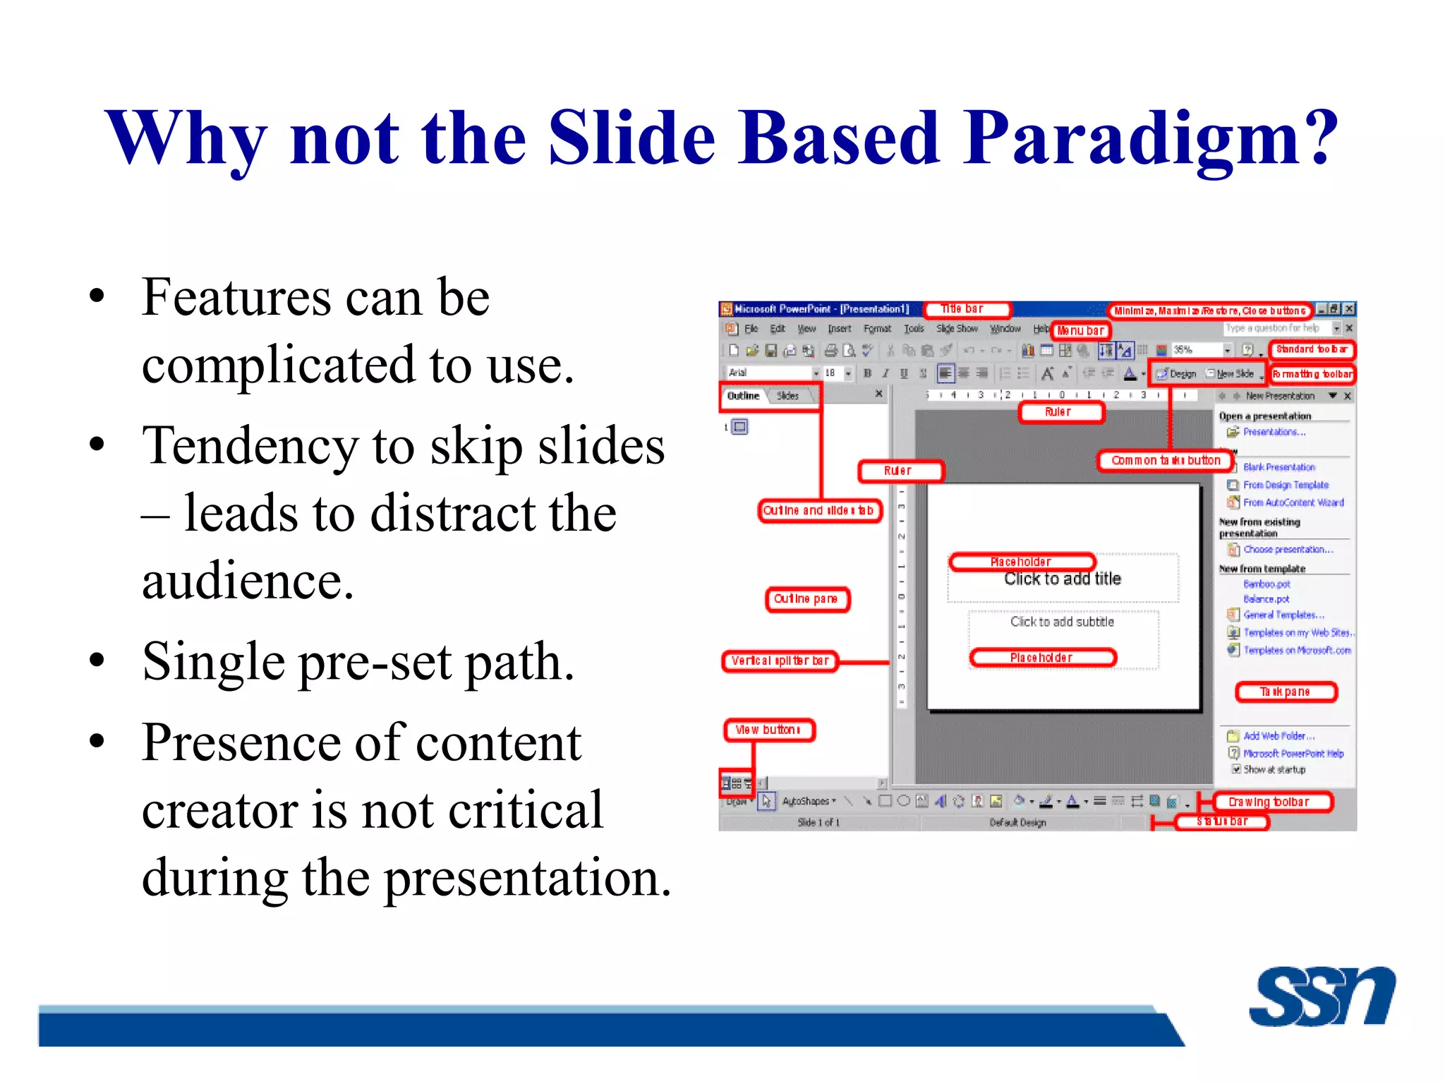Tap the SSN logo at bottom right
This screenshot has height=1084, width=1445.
coord(1321,996)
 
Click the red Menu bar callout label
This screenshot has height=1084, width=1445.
coord(1080,330)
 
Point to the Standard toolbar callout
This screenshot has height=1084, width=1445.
coord(1312,349)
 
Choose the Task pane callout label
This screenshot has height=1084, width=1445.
coord(1285,692)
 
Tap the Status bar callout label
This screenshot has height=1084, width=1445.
coord(1222,821)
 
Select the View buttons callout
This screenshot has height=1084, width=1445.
coord(768,730)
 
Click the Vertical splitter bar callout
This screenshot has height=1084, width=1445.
coord(780,661)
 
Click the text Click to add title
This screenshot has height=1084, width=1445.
coord(1062,579)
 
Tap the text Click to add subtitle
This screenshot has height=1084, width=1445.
coord(1062,622)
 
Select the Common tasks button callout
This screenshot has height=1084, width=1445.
coord(1166,460)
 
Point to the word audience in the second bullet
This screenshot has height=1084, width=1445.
coord(247,582)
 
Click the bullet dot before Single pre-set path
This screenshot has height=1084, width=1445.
coord(97,661)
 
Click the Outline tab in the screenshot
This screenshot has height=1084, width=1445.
coord(744,396)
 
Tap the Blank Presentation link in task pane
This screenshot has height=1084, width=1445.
coord(1278,467)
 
